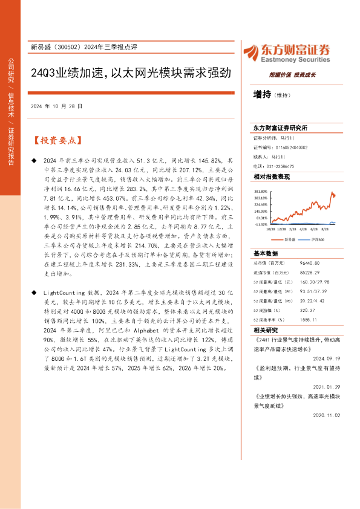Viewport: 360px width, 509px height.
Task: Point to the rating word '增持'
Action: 262,94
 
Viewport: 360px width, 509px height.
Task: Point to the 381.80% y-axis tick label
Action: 261,190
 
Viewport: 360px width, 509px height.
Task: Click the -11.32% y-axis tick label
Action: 261,224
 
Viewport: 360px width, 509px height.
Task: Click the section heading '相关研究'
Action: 265,331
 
